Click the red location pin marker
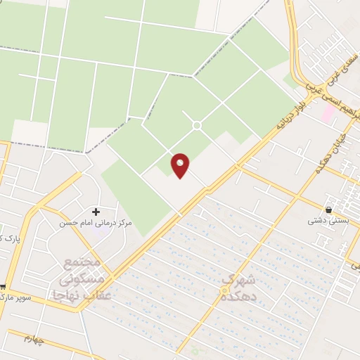point(181,165)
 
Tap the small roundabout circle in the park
point(197,125)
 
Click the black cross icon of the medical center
point(96,211)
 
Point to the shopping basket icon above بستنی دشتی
point(328,209)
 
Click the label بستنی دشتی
point(327,220)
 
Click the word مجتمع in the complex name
point(83,262)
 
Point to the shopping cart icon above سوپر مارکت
point(3,286)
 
